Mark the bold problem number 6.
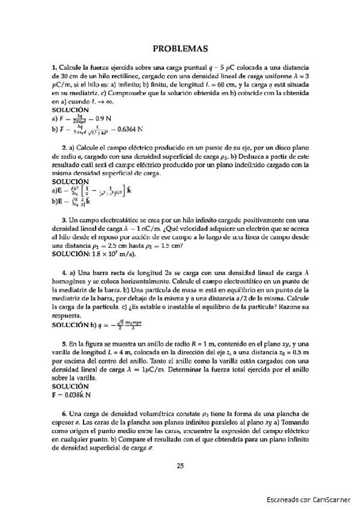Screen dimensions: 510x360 64,414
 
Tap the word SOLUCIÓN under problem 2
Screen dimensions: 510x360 70,181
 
